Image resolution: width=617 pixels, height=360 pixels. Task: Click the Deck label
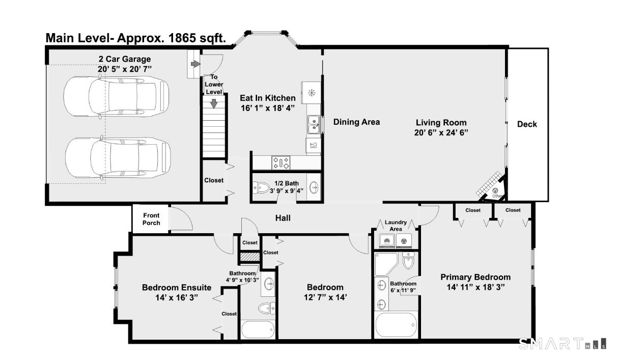click(527, 124)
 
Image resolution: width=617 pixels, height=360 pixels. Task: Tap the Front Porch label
click(151, 219)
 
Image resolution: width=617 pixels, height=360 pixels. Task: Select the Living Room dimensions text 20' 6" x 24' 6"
click(441, 133)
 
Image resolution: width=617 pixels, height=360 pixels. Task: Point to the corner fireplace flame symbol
click(495, 190)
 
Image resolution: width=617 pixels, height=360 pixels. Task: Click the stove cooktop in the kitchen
click(281, 162)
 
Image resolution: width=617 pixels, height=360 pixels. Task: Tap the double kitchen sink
click(314, 125)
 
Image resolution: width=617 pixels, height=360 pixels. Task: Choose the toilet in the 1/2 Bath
click(261, 188)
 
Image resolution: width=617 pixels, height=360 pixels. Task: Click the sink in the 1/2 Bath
click(314, 188)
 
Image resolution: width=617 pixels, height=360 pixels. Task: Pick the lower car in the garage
click(118, 158)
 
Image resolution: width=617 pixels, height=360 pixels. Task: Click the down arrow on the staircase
click(214, 103)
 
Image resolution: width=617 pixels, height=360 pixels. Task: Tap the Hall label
click(283, 218)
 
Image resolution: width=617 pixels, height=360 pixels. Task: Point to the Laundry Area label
click(396, 226)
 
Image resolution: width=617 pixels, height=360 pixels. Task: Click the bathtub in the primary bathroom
click(396, 324)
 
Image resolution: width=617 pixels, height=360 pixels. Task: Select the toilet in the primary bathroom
click(408, 260)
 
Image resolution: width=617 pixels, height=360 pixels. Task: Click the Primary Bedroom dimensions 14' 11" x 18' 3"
click(475, 287)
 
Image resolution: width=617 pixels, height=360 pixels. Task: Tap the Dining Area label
click(356, 122)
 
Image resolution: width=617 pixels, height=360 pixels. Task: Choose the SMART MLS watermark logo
click(563, 344)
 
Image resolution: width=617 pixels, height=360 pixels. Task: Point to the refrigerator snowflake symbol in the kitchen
click(312, 93)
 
